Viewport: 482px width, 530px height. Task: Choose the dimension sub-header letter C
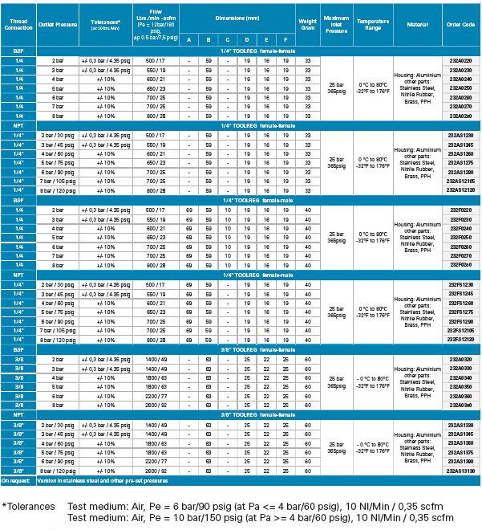pos(227,39)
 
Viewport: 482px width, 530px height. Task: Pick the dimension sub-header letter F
pos(285,39)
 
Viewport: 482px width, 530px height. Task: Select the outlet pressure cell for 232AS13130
pos(59,471)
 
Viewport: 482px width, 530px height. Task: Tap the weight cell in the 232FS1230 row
pos(308,284)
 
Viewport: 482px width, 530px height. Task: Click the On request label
pos(16,480)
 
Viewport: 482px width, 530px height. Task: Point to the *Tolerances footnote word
pos(29,507)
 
